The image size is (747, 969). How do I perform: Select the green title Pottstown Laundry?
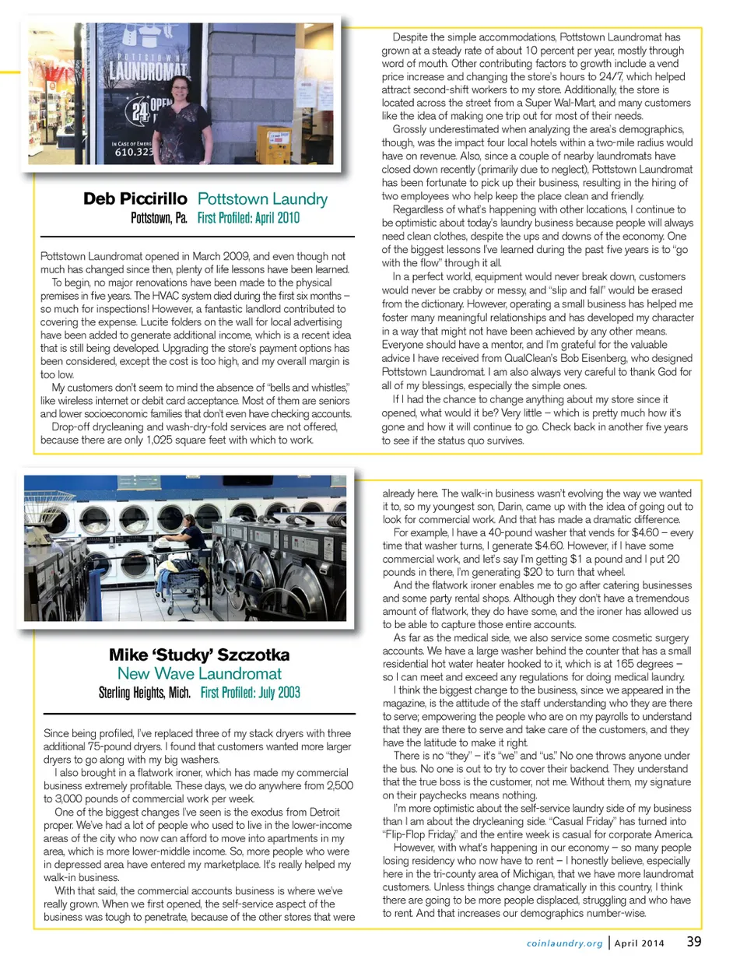262,199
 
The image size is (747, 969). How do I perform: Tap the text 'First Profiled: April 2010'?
248,218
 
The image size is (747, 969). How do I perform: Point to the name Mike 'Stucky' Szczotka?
199,655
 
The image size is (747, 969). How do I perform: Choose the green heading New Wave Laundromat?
199,673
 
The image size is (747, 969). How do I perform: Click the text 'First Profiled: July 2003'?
250,692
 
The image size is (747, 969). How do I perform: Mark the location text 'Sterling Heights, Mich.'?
144,692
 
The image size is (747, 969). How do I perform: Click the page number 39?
693,941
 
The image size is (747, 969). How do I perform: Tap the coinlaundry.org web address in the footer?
564,943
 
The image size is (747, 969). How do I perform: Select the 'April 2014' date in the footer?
639,943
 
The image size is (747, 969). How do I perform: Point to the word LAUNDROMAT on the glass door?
148,71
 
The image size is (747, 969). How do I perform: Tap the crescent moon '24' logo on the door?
140,110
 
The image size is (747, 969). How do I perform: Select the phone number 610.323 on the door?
134,152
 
